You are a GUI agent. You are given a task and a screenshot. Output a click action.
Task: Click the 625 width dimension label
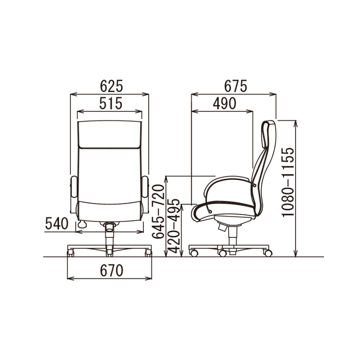(x=112, y=86)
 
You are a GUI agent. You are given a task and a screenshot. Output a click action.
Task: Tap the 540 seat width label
(x=57, y=224)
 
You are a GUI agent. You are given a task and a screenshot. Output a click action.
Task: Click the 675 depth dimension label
(x=235, y=86)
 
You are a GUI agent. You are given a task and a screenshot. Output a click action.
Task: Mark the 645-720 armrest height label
(x=158, y=211)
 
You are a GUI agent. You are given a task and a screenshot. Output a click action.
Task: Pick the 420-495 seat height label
(x=174, y=226)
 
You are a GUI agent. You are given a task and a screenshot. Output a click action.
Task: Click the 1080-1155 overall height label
(x=288, y=182)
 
